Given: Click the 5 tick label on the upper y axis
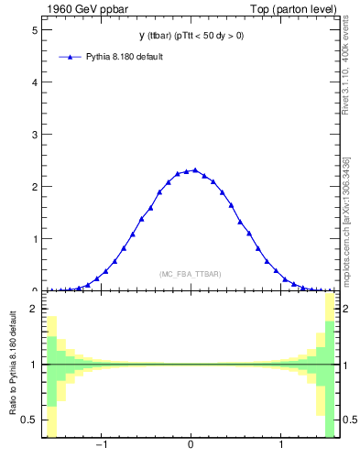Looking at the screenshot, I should [34, 29].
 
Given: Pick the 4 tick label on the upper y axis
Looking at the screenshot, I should [34, 82].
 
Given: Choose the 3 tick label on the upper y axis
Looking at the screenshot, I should [34, 134].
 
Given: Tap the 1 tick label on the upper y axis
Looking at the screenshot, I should [34, 239].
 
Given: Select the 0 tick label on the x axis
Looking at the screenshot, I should [190, 446].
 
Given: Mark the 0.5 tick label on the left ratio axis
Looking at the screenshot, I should [28, 420].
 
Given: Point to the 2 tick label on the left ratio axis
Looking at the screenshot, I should [34, 309].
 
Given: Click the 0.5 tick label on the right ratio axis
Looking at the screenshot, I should [348, 420].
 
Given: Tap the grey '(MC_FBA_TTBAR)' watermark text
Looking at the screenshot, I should [190, 274].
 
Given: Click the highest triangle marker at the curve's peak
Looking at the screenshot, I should [194, 169].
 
